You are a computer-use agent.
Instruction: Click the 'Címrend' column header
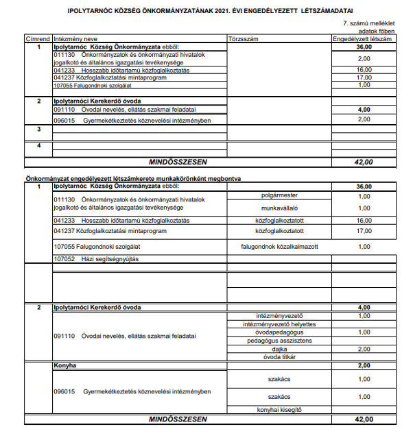pyautogui.click(x=38, y=40)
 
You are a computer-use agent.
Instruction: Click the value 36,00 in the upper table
pyautogui.click(x=364, y=47)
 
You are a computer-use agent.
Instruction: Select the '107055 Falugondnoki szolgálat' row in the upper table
pyautogui.click(x=92, y=85)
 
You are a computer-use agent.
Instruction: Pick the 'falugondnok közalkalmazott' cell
pyautogui.click(x=280, y=246)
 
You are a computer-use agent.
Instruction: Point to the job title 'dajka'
pyautogui.click(x=280, y=349)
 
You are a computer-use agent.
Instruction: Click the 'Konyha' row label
pyautogui.click(x=65, y=366)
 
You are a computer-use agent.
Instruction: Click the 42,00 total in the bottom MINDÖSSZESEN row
pyautogui.click(x=364, y=419)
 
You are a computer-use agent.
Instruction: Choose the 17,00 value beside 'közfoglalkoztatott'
pyautogui.click(x=364, y=231)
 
